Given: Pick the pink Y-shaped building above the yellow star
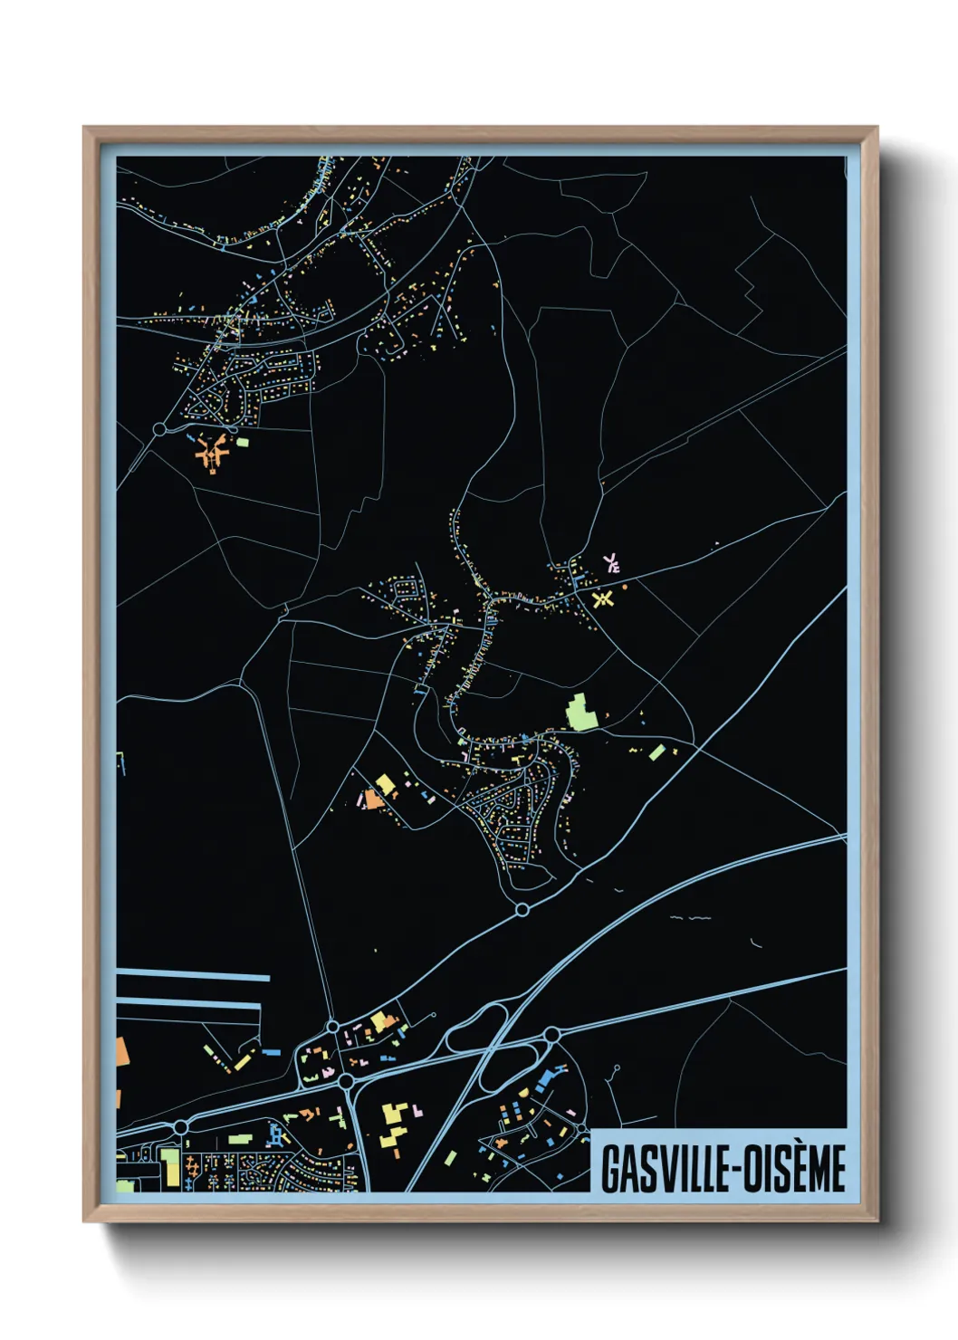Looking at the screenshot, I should click(x=611, y=563).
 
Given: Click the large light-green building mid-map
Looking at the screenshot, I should click(x=580, y=712).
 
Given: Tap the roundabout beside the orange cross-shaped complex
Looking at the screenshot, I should click(x=160, y=428).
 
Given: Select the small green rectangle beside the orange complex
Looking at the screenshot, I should click(x=243, y=442).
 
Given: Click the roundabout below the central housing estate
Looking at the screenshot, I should click(x=522, y=909).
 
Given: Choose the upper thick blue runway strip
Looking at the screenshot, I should click(x=194, y=975).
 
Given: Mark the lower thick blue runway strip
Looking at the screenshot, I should click(x=188, y=1004).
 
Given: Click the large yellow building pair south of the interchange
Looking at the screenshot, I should click(x=393, y=1125).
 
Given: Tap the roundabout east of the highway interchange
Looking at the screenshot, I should click(x=551, y=1034).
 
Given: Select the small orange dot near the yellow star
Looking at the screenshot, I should click(x=624, y=587).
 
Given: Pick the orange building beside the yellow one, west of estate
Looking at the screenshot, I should click(x=371, y=799).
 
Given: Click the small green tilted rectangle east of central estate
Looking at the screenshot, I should click(x=657, y=752).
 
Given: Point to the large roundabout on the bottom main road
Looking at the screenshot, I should click(x=345, y=1081).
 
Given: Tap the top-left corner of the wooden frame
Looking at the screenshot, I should click(x=85, y=129).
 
